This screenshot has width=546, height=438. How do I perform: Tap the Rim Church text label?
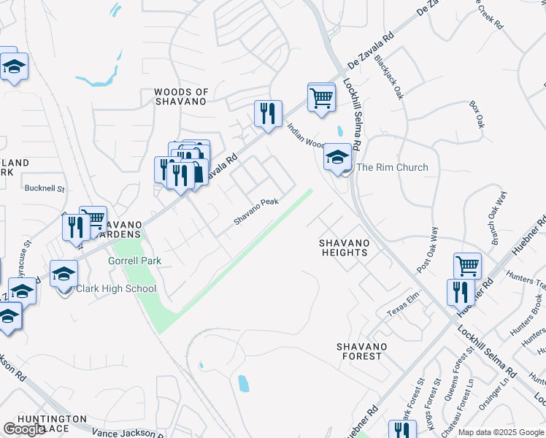(x=392, y=168)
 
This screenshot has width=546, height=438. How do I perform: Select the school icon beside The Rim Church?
(x=337, y=158)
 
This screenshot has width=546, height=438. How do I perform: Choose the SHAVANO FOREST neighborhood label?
(x=358, y=351)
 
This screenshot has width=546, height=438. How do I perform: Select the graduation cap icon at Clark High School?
(x=64, y=274)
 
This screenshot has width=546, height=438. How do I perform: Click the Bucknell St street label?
(x=45, y=188)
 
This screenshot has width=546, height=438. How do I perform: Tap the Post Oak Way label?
(x=428, y=250)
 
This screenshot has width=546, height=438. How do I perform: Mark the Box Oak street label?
(x=477, y=115)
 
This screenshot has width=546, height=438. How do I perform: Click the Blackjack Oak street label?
(x=388, y=79)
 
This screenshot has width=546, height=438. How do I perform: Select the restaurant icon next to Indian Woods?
(x=268, y=113)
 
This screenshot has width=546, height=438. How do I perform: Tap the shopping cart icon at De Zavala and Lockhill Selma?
(x=321, y=97)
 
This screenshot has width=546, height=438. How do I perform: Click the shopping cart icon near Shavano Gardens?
(x=93, y=219)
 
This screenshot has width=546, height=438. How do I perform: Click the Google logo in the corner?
(x=24, y=429)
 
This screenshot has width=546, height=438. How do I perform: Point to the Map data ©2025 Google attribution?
(x=501, y=432)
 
